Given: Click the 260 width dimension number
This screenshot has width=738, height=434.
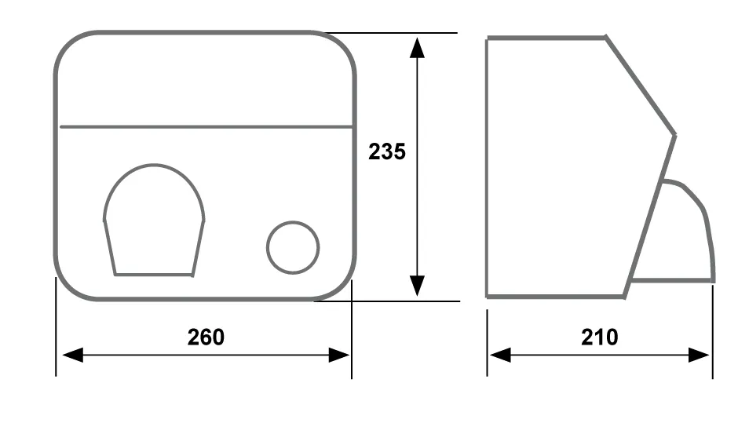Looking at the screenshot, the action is click(206, 337).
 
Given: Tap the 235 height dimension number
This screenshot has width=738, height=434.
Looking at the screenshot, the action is click(387, 151).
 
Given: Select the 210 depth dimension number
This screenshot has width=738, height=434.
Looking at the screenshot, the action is click(599, 337).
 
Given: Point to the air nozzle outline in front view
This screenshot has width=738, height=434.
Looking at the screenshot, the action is click(154, 165).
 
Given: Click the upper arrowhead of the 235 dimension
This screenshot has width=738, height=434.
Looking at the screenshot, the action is click(417, 48).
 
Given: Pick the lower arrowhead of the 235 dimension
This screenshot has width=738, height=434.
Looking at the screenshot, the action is click(417, 286).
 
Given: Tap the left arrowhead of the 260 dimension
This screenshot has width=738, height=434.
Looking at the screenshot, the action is click(72, 355).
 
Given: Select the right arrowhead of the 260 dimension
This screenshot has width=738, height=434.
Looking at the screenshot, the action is click(339, 355).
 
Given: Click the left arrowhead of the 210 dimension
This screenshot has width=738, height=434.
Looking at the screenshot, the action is click(500, 355).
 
